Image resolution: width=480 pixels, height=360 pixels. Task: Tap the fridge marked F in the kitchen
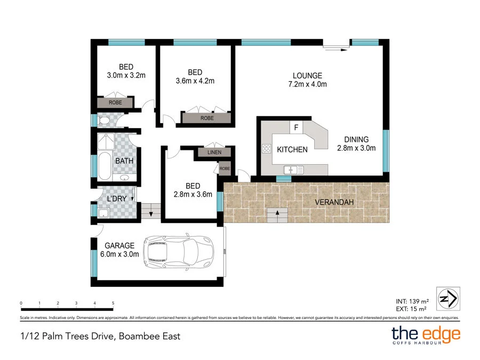pos(295,128)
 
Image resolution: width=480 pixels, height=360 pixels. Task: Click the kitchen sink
pos(293,170)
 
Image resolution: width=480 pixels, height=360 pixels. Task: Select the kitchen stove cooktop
pos(266,149)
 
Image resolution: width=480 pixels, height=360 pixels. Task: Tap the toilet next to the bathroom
pos(104,121)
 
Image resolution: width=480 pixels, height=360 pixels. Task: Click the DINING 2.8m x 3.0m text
pos(356,144)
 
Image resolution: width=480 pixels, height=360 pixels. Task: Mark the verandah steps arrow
pos(277,214)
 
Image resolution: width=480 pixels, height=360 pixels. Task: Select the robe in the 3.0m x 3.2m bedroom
pos(115,102)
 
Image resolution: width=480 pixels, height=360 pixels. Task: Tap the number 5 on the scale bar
pos(113,303)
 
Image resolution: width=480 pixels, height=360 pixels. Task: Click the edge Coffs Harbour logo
pos(426,336)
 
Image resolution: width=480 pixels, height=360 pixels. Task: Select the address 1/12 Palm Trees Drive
pos(100,336)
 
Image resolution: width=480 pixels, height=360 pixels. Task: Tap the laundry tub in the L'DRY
pos(103,213)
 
